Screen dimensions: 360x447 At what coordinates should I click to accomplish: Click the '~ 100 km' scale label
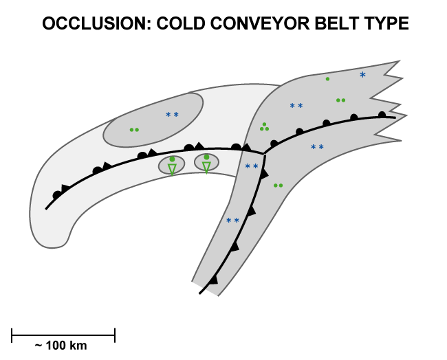pyautogui.click(x=61, y=346)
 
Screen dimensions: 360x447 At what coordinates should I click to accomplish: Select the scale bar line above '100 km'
pyautogui.click(x=63, y=335)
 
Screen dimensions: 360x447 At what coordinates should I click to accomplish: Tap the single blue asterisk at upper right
pyautogui.click(x=363, y=75)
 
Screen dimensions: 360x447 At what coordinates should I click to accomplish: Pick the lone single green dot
pyautogui.click(x=327, y=79)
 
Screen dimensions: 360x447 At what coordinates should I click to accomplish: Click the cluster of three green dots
pyautogui.click(x=264, y=127)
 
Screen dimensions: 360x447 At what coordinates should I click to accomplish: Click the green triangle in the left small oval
pyautogui.click(x=172, y=168)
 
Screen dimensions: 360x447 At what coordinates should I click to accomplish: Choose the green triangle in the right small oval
pyautogui.click(x=206, y=166)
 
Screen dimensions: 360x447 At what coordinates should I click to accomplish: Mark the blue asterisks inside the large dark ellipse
pyautogui.click(x=172, y=115)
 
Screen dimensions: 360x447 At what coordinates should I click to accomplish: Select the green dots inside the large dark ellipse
pyautogui.click(x=134, y=129)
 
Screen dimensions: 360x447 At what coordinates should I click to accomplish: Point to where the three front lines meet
pyautogui.click(x=264, y=153)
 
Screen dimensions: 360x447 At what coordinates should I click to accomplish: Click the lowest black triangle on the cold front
pyautogui.click(x=213, y=280)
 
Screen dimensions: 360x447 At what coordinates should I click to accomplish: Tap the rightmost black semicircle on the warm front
pyautogui.click(x=382, y=115)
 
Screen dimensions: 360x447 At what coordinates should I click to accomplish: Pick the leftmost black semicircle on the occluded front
pyautogui.click(x=57, y=195)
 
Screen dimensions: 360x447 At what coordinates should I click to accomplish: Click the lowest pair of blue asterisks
pyautogui.click(x=233, y=221)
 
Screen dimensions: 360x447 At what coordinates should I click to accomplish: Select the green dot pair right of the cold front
pyautogui.click(x=278, y=185)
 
